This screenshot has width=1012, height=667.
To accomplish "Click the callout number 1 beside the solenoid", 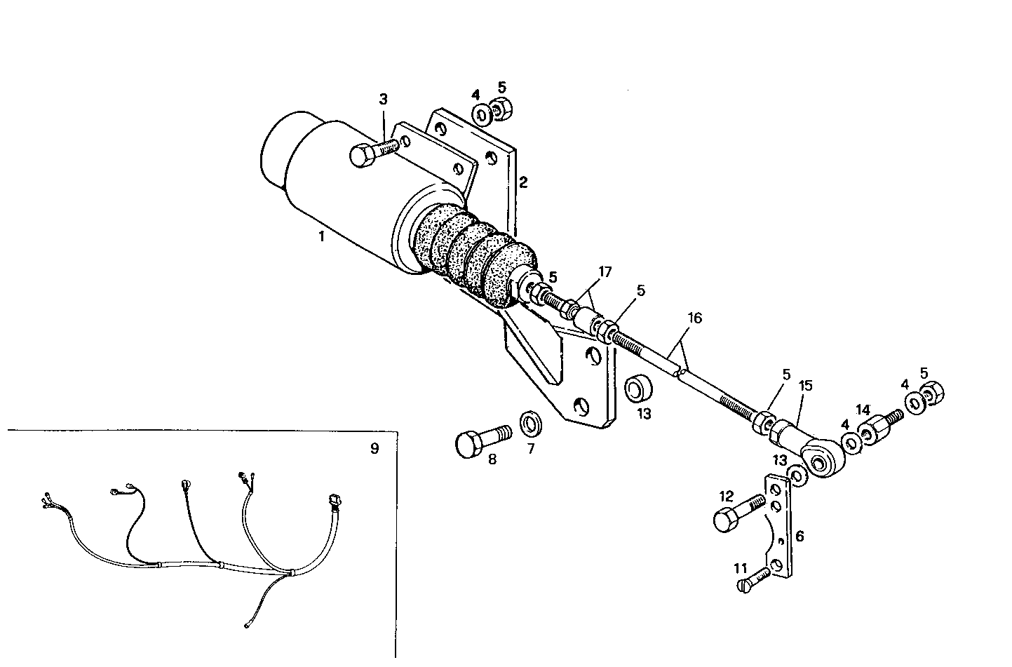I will tap(321, 237).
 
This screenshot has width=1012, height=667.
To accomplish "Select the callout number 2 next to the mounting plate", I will tap(523, 182).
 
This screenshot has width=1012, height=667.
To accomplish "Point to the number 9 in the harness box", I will tap(374, 448).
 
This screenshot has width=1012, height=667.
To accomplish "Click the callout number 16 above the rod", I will tap(694, 318).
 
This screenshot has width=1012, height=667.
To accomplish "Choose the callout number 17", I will tap(605, 271).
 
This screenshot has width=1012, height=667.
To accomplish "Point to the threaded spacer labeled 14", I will tap(872, 430).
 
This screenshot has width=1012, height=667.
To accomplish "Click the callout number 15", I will tap(805, 385).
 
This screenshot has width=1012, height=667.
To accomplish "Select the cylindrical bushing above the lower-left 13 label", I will tap(638, 388).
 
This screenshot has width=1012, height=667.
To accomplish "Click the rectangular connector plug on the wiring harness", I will tap(334, 501).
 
